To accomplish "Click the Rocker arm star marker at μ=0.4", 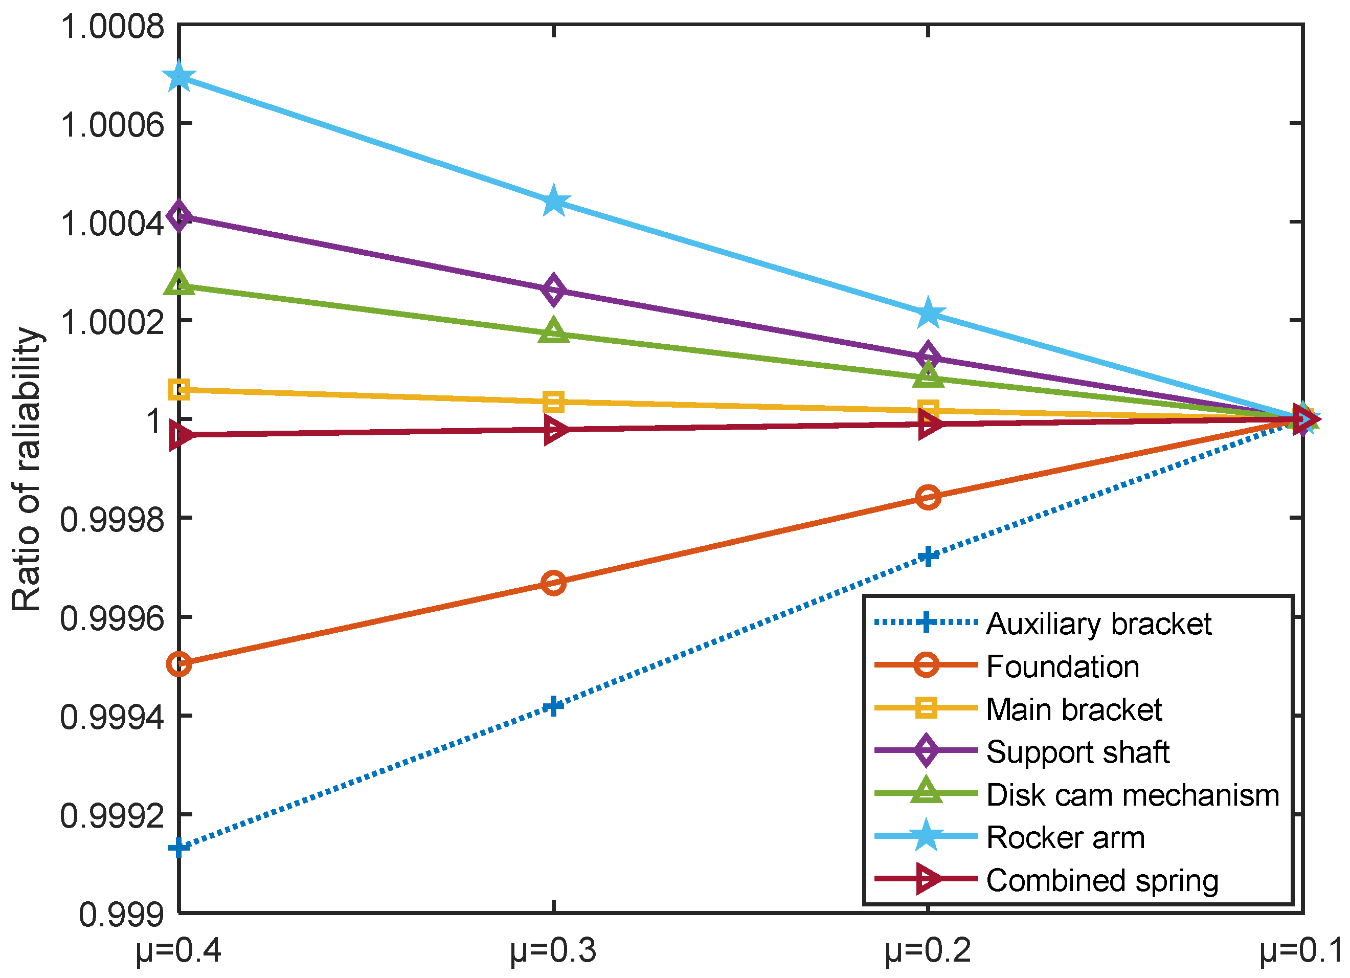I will pyautogui.click(x=179, y=77).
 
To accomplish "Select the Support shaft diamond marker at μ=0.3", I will pyautogui.click(x=554, y=290).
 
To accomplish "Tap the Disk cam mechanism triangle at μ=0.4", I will pyautogui.click(x=179, y=283).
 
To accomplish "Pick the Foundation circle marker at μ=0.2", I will pyautogui.click(x=928, y=497).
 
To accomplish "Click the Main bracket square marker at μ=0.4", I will pyautogui.click(x=179, y=390).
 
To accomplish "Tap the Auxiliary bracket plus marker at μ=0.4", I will pyautogui.click(x=179, y=847).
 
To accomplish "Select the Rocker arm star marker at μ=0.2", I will pyautogui.click(x=928, y=314).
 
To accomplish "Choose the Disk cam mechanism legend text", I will pyautogui.click(x=1132, y=795).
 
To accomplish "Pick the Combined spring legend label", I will pyautogui.click(x=1102, y=880).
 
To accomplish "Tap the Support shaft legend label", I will pyautogui.click(x=1077, y=752).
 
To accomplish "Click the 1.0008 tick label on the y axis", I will pyautogui.click(x=112, y=28).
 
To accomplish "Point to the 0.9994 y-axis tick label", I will pyautogui.click(x=112, y=717).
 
